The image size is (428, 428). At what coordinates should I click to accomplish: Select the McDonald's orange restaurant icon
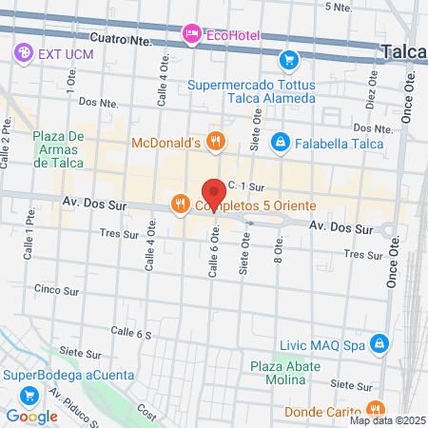(x=216, y=143)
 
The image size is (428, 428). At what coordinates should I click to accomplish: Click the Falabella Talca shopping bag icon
(x=280, y=143)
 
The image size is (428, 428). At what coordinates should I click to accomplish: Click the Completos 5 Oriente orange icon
(x=179, y=203)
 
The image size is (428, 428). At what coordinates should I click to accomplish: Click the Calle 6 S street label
(x=131, y=333)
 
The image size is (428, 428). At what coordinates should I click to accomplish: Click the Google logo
(x=31, y=416)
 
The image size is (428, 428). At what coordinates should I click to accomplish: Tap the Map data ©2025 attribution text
(x=385, y=420)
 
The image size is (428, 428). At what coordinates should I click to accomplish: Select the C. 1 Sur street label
(x=244, y=185)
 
